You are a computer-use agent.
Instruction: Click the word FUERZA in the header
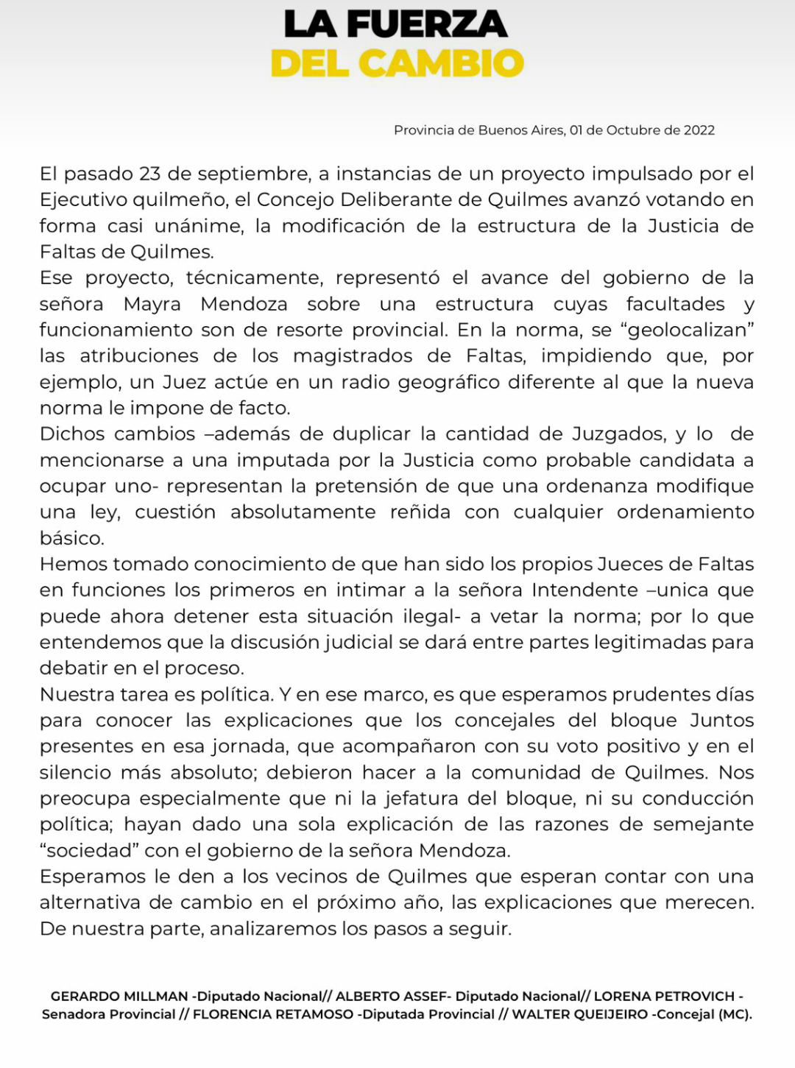[x=427, y=24]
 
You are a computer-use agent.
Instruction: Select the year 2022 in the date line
[x=699, y=130]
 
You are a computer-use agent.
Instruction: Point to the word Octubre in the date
[x=632, y=130]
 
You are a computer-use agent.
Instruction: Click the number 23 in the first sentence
[x=149, y=174]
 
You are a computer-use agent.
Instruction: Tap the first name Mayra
[x=152, y=304]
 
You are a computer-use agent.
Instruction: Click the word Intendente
[x=585, y=590]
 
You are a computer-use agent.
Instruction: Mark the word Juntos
[x=721, y=721]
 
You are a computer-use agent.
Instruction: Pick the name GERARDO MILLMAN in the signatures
[x=119, y=997]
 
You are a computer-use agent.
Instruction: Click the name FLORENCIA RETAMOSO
[x=273, y=1014]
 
